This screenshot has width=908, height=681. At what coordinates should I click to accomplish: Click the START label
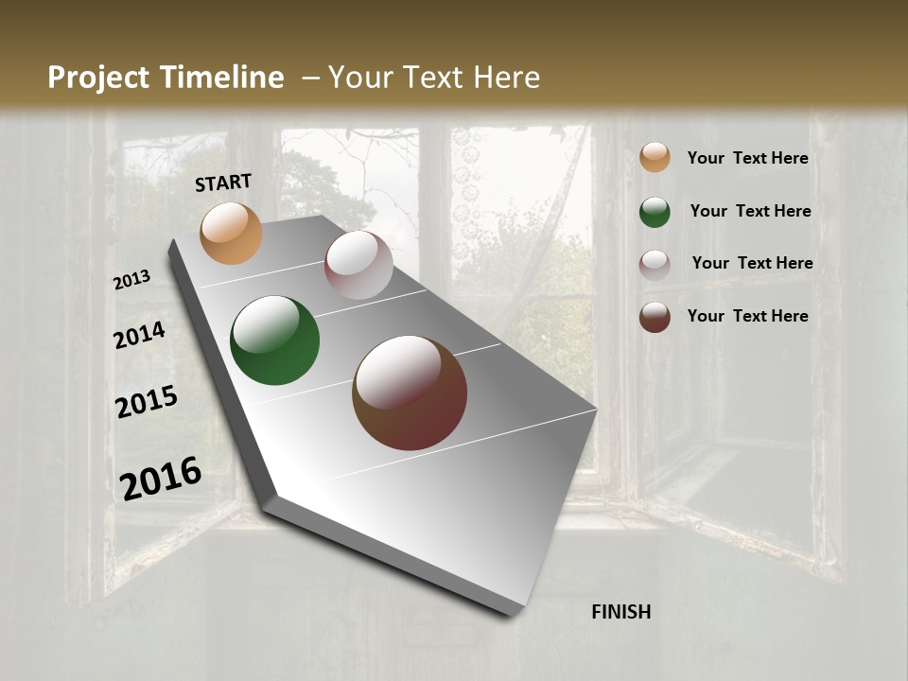223,183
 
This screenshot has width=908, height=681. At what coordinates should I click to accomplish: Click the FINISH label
620,612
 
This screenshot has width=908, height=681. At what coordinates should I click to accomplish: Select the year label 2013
132,280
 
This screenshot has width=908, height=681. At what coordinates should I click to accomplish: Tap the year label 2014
140,335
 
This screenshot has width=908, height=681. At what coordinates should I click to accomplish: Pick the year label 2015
147,402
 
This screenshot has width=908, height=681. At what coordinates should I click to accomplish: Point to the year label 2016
161,479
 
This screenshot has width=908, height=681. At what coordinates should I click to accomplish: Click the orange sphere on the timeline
231,233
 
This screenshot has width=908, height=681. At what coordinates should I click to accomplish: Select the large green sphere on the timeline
274,340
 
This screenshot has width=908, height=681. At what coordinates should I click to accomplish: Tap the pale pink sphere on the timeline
358,265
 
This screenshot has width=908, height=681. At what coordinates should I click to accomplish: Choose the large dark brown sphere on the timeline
410,393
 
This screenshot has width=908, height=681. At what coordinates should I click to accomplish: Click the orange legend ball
655,157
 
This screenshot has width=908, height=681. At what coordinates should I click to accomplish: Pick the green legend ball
655,212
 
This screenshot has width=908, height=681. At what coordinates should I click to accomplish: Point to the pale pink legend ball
655,265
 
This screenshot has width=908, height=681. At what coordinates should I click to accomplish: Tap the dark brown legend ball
655,317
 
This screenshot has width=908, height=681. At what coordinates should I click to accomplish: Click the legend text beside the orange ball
747,158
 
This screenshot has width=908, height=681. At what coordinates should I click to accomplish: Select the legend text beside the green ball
750,211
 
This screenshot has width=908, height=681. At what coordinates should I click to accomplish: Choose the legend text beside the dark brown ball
747,316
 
